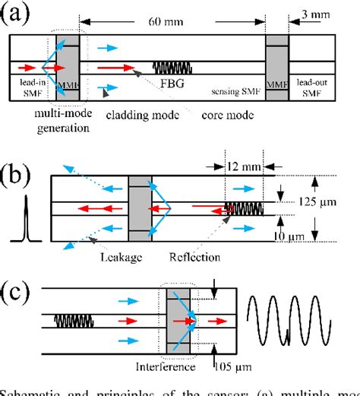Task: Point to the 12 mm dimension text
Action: click(x=243, y=166)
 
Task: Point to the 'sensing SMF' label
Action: click(x=233, y=89)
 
